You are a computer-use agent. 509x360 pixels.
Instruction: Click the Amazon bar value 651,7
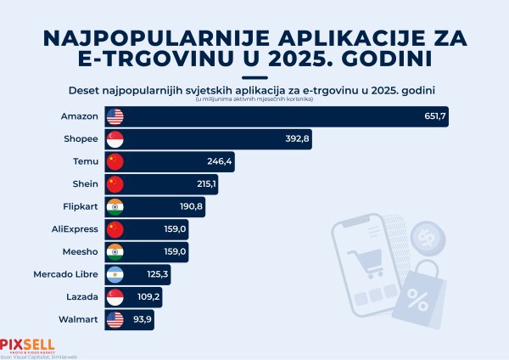435,116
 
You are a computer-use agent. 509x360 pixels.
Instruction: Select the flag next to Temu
115,161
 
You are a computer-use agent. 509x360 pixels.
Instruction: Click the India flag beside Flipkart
115,206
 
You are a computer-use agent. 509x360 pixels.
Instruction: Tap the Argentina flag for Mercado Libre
115,274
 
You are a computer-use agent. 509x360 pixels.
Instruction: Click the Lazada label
82,297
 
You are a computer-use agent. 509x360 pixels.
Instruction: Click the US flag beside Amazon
115,116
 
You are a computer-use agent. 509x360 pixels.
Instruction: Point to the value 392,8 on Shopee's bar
299,139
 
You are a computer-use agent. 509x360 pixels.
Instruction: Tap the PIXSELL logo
27,345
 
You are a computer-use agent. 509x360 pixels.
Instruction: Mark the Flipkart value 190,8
189,206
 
